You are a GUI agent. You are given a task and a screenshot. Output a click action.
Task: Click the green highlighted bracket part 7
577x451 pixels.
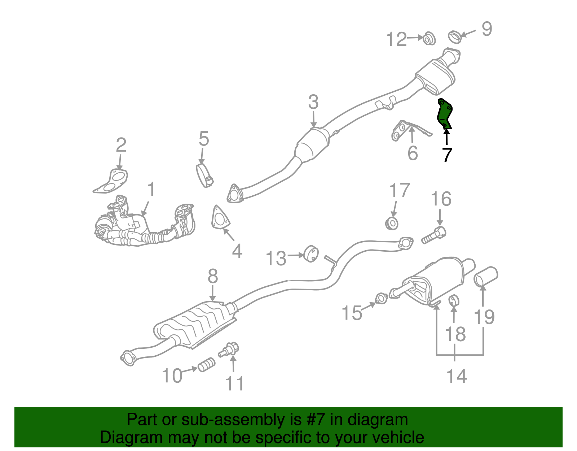coord(444,113)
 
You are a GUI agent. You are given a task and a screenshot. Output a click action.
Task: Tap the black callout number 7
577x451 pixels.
coord(447,155)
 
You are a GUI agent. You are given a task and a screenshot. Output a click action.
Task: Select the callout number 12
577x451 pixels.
coord(396,39)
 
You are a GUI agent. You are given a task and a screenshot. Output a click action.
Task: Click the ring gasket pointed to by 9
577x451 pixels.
coord(455,36)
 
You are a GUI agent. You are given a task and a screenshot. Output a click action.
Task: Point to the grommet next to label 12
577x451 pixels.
coord(429,38)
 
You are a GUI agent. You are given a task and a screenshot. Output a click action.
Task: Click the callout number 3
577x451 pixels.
coord(313,102)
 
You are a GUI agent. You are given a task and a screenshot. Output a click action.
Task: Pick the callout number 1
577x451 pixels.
coord(151,190)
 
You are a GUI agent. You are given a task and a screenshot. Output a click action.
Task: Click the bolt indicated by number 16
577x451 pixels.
coord(434,235)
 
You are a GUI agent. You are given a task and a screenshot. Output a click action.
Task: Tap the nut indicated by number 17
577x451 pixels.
coord(392,223)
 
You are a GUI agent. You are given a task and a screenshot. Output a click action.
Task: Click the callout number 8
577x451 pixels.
coord(213,276)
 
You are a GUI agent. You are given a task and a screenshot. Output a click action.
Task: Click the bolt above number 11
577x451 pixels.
coord(230,349)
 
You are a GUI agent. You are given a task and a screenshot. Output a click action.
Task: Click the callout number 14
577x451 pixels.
coord(457,376)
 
